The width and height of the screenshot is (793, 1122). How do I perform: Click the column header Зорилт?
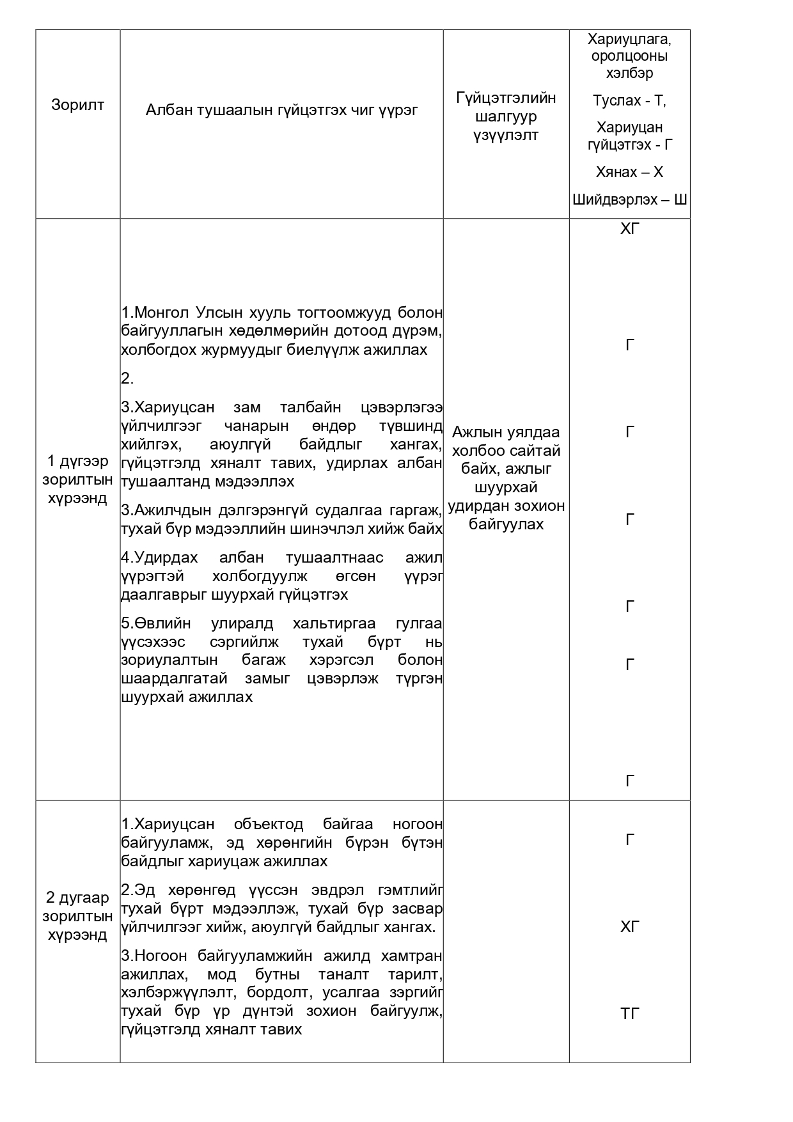(x=77, y=105)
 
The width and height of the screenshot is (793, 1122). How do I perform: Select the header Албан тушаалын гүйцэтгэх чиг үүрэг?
(x=281, y=110)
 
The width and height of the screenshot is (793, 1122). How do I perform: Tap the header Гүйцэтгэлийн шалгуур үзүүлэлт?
(x=506, y=116)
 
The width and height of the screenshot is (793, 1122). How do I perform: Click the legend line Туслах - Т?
(x=629, y=100)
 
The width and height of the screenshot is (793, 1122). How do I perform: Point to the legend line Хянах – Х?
(x=629, y=172)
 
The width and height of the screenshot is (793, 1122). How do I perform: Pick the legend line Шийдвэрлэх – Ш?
(x=629, y=199)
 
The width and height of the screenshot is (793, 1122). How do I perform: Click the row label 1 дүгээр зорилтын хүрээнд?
(x=77, y=479)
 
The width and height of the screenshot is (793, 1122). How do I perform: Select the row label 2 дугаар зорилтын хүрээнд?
(x=77, y=916)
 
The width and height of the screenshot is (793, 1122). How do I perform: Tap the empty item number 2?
(x=127, y=378)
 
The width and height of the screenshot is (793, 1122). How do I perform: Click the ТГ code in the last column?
(x=629, y=1013)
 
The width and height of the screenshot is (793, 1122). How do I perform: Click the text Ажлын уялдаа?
(x=506, y=432)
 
